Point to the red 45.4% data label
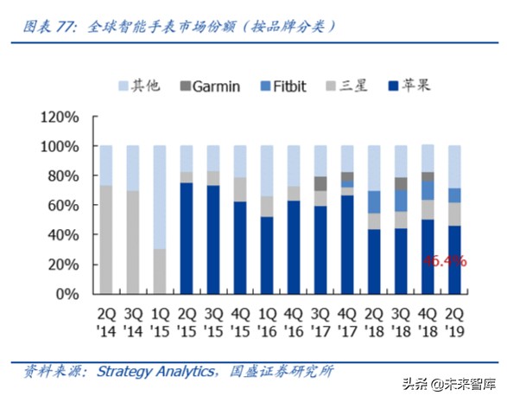[x=446, y=259]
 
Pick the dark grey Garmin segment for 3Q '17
[x=320, y=183]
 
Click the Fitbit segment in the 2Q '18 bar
[x=374, y=201]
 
